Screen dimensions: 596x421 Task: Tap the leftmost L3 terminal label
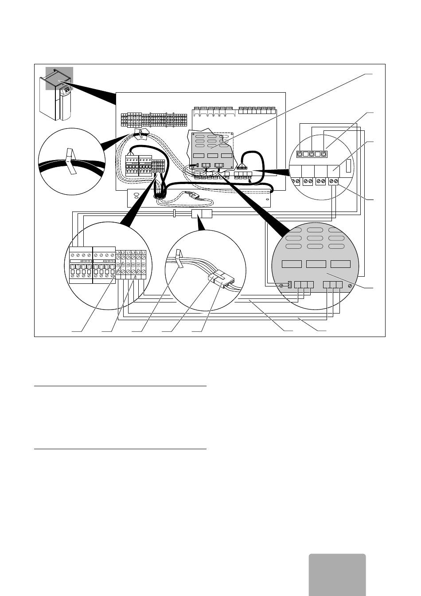[x=118, y=253]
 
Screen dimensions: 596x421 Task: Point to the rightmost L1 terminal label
[x=144, y=253]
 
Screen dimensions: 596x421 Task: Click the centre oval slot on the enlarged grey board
[x=314, y=238]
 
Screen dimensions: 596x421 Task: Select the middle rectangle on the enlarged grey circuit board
[x=316, y=264]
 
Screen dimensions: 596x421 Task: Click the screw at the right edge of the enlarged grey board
[x=351, y=286]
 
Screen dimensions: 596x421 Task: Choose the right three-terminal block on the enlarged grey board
[x=333, y=285]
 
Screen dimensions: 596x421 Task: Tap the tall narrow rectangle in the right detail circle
[x=348, y=166]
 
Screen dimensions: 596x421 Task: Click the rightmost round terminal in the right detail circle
[x=324, y=154]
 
